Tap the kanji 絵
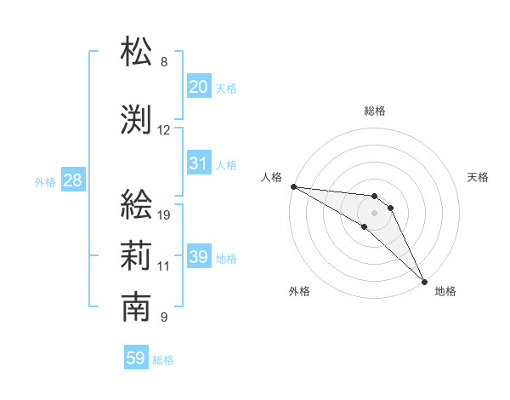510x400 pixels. click(137, 205)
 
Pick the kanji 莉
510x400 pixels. click(137, 255)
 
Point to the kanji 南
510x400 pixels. click(137, 307)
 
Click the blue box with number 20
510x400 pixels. click(199, 87)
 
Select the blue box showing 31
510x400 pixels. click(199, 163)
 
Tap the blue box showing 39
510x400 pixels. click(199, 257)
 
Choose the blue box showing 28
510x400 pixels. click(72, 180)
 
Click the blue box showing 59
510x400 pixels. click(136, 358)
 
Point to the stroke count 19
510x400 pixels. click(164, 215)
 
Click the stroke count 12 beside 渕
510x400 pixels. click(164, 130)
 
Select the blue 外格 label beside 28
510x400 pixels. click(45, 181)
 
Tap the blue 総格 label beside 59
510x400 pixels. click(163, 360)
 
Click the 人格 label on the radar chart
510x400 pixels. click(271, 177)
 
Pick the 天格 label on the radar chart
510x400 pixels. click(478, 177)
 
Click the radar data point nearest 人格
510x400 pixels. click(293, 186)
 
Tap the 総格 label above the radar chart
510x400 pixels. click(375, 111)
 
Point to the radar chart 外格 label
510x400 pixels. click(299, 291)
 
